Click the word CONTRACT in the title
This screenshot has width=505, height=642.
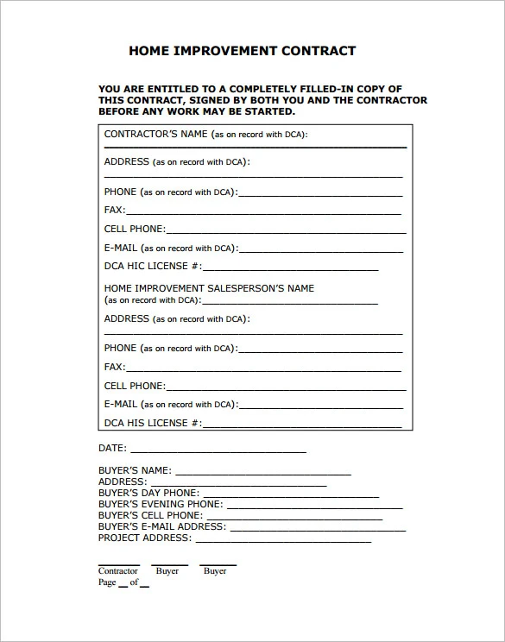click(x=319, y=51)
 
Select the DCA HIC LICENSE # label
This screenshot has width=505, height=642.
click(x=153, y=266)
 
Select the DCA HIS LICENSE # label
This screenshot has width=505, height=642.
click(x=153, y=423)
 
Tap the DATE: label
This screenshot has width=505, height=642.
click(x=112, y=449)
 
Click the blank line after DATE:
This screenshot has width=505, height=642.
click(x=218, y=451)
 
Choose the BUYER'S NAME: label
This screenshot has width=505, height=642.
click(x=135, y=471)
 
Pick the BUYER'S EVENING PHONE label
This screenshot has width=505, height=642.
click(x=160, y=504)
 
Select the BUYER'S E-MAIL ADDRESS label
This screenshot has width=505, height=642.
click(x=161, y=526)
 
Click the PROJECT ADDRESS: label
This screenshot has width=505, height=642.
click(x=144, y=538)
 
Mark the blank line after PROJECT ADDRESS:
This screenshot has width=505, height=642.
click(x=283, y=541)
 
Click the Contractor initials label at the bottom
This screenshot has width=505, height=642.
click(x=117, y=571)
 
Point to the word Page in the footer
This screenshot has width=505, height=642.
click(x=107, y=582)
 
